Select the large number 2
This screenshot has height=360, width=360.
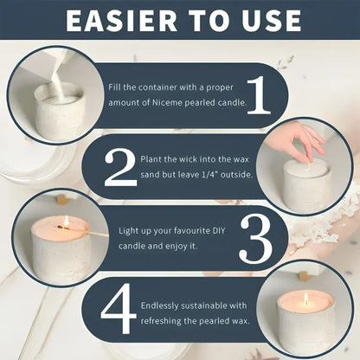coord(118,170)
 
